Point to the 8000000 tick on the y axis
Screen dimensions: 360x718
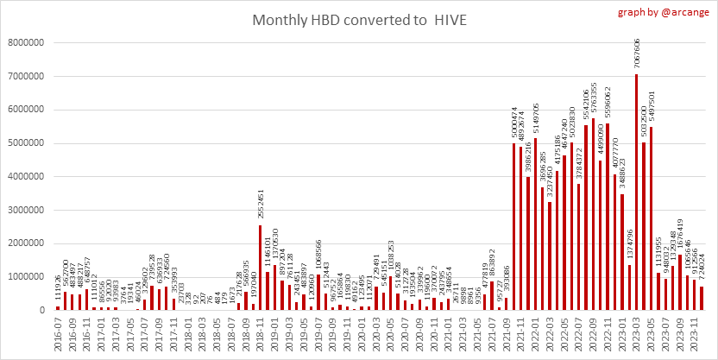click(28, 43)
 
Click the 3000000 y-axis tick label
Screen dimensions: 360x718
click(28, 210)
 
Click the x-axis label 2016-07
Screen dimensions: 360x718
click(58, 332)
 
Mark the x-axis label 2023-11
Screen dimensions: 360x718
click(694, 332)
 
